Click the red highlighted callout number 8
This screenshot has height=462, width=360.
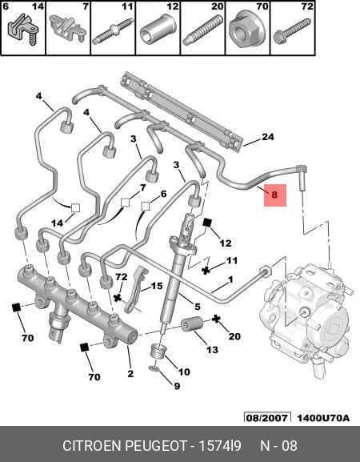pyautogui.click(x=274, y=195)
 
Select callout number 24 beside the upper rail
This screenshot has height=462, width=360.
pyautogui.click(x=267, y=137)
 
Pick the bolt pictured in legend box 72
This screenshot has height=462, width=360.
pyautogui.click(x=292, y=31)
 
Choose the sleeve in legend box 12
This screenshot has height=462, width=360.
pyautogui.click(x=158, y=29)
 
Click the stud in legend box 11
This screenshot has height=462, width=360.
pyautogui.click(x=112, y=31)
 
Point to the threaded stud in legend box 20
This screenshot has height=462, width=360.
pyautogui.click(x=202, y=30)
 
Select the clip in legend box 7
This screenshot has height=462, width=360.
pyautogui.click(x=67, y=29)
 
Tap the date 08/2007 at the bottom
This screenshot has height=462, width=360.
pyautogui.click(x=266, y=418)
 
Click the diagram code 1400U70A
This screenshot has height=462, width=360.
pyautogui.click(x=323, y=418)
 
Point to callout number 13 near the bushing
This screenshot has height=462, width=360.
pyautogui.click(x=212, y=350)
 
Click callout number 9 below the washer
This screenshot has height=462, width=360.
pyautogui.click(x=177, y=386)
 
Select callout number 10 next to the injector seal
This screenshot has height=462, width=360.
pyautogui.click(x=184, y=372)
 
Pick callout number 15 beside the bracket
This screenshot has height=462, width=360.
pyautogui.click(x=157, y=286)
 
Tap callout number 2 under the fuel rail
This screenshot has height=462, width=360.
pyautogui.click(x=130, y=374)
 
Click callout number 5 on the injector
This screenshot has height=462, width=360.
pyautogui.click(x=198, y=307)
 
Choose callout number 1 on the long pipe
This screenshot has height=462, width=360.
pyautogui.click(x=230, y=279)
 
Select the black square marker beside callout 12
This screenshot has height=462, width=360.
pyautogui.click(x=207, y=223)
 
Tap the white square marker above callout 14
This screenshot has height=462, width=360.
pyautogui.click(x=75, y=207)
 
